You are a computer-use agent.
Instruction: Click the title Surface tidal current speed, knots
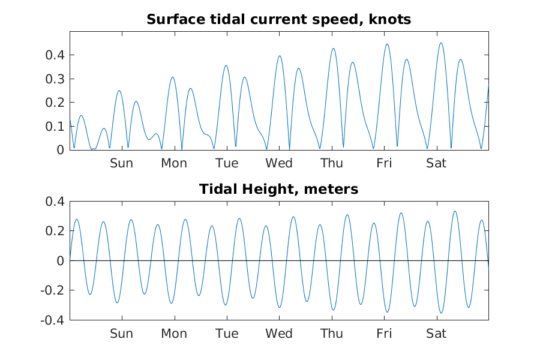tap(278, 20)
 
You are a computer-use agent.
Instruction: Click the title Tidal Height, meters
tap(278, 190)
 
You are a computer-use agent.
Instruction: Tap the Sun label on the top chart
tap(121, 163)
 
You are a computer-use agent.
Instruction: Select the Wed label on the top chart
tap(279, 163)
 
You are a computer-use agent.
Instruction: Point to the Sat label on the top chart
tap(436, 163)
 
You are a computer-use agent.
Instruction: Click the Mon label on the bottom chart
tap(173, 334)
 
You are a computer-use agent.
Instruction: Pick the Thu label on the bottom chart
tap(331, 334)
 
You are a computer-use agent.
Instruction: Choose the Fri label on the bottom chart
tap(384, 334)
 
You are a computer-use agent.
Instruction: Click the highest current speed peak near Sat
tap(441, 43)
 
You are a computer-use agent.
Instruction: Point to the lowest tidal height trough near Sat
tap(441, 313)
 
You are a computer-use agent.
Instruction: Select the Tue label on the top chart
tap(226, 163)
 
